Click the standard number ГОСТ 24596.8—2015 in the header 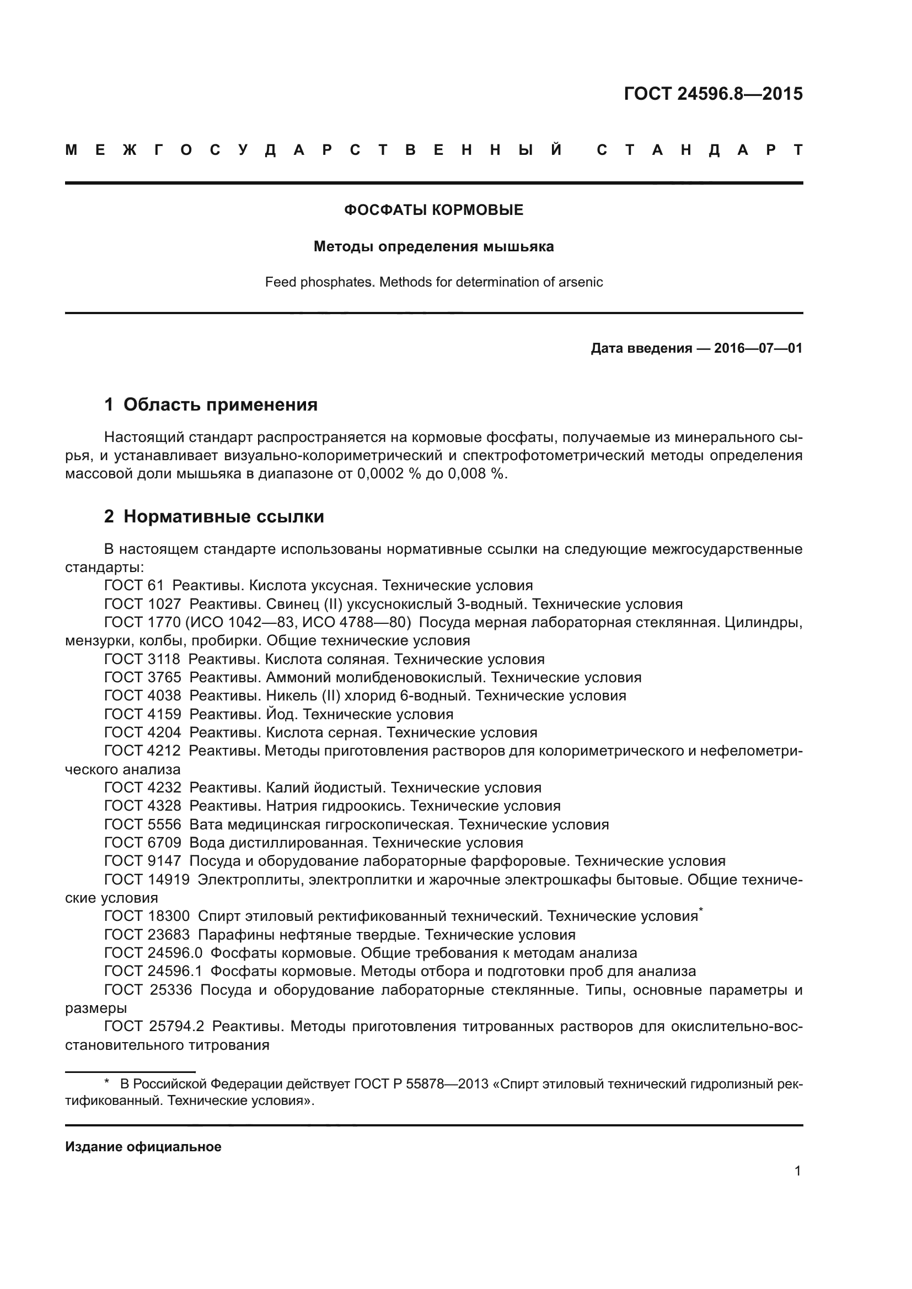[x=712, y=94]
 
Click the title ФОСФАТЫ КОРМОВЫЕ [x=433, y=210]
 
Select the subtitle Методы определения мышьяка [x=433, y=246]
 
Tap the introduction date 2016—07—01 [x=758, y=348]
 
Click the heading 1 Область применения [x=211, y=404]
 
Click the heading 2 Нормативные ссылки [x=214, y=516]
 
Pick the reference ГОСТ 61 [x=133, y=586]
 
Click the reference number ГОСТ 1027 [x=143, y=604]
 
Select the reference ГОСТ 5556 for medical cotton [x=143, y=824]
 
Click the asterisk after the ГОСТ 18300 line [x=701, y=909]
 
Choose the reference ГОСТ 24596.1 [x=153, y=970]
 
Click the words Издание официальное [x=143, y=1147]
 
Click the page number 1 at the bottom [x=797, y=1171]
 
